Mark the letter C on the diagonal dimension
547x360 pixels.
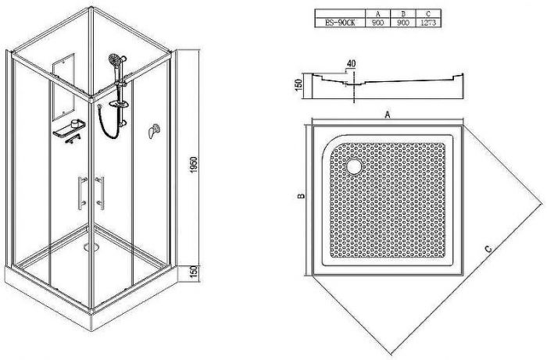(488, 248)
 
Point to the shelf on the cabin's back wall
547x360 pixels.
(68, 130)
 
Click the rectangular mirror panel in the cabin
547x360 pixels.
(62, 86)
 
